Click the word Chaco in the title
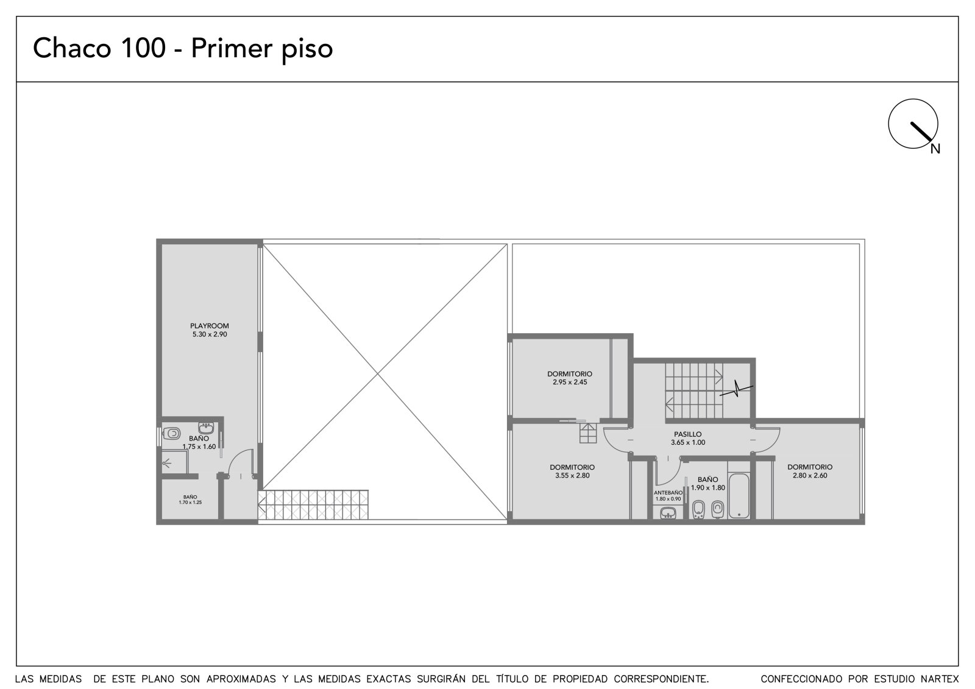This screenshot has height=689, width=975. (73, 48)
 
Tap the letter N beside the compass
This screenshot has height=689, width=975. (935, 149)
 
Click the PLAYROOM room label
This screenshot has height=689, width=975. (210, 325)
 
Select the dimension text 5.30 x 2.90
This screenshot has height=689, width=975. (210, 334)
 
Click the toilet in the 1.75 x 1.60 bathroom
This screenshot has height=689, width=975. (171, 434)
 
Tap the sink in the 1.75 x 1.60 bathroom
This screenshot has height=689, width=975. (206, 428)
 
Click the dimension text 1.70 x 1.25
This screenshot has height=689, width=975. (190, 502)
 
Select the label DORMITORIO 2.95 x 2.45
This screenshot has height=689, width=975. (570, 378)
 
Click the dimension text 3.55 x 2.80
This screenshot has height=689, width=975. (572, 475)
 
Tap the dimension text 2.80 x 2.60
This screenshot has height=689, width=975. (810, 475)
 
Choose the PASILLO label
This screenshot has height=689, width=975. (688, 434)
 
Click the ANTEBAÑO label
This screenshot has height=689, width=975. (668, 493)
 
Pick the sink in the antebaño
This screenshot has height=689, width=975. (668, 513)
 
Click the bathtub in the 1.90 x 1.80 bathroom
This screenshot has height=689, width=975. (739, 496)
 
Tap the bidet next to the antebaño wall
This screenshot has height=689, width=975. (698, 509)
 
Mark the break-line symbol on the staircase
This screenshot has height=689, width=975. (736, 389)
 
